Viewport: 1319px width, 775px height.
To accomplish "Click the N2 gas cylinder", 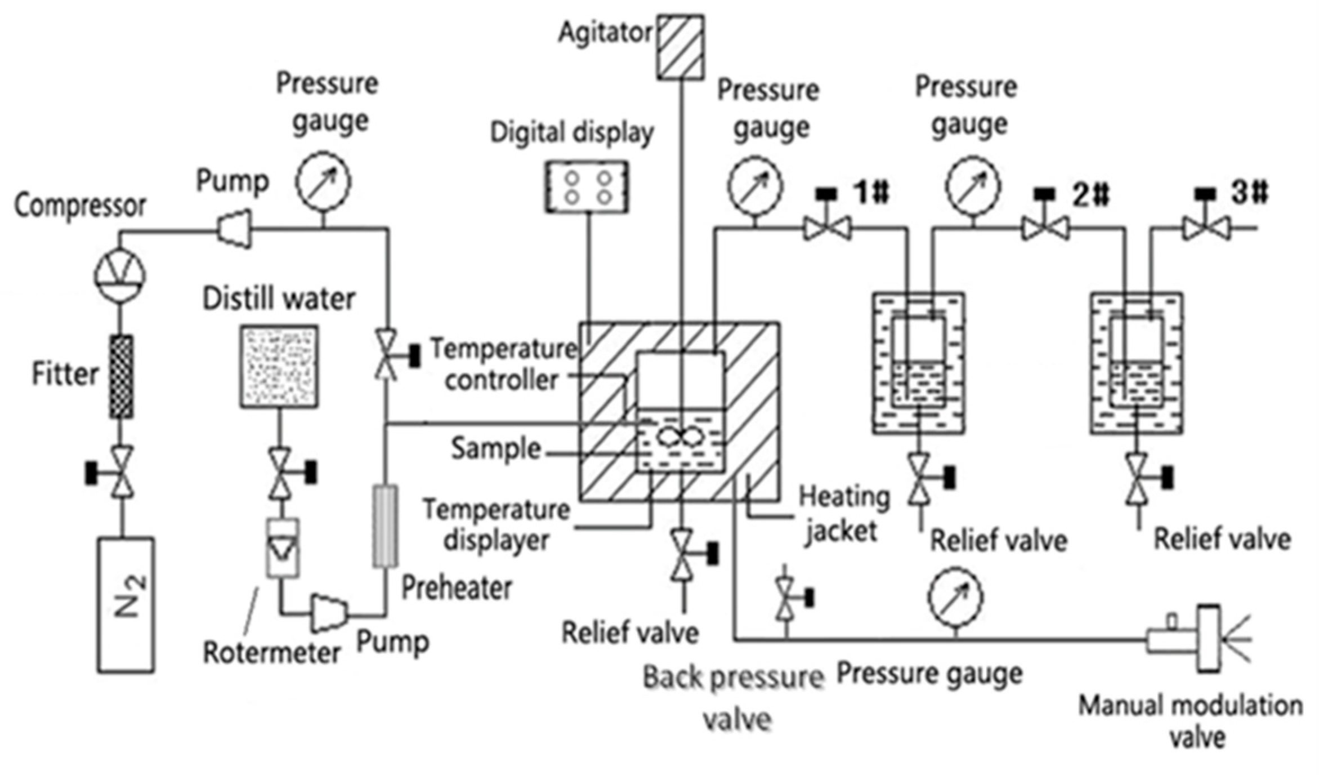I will [126, 605].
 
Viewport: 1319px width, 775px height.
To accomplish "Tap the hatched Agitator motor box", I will [681, 47].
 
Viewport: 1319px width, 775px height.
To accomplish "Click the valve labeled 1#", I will [827, 228].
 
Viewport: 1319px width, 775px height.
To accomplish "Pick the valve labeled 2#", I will [1045, 228].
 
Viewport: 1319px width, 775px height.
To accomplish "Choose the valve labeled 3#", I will [1206, 228].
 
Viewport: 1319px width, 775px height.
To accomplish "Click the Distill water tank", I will [279, 366].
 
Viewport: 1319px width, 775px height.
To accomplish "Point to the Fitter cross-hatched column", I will [121, 376].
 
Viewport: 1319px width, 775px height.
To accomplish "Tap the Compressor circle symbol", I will [119, 275].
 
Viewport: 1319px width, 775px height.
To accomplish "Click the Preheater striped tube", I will [386, 526].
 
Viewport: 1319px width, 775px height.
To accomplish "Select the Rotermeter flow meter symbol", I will [283, 547].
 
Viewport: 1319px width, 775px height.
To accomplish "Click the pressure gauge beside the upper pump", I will [323, 181].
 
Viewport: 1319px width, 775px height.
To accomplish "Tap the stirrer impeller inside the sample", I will [681, 437].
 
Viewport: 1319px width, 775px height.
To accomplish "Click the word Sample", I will [496, 449].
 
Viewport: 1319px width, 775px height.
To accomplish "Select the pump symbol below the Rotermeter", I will [329, 613].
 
